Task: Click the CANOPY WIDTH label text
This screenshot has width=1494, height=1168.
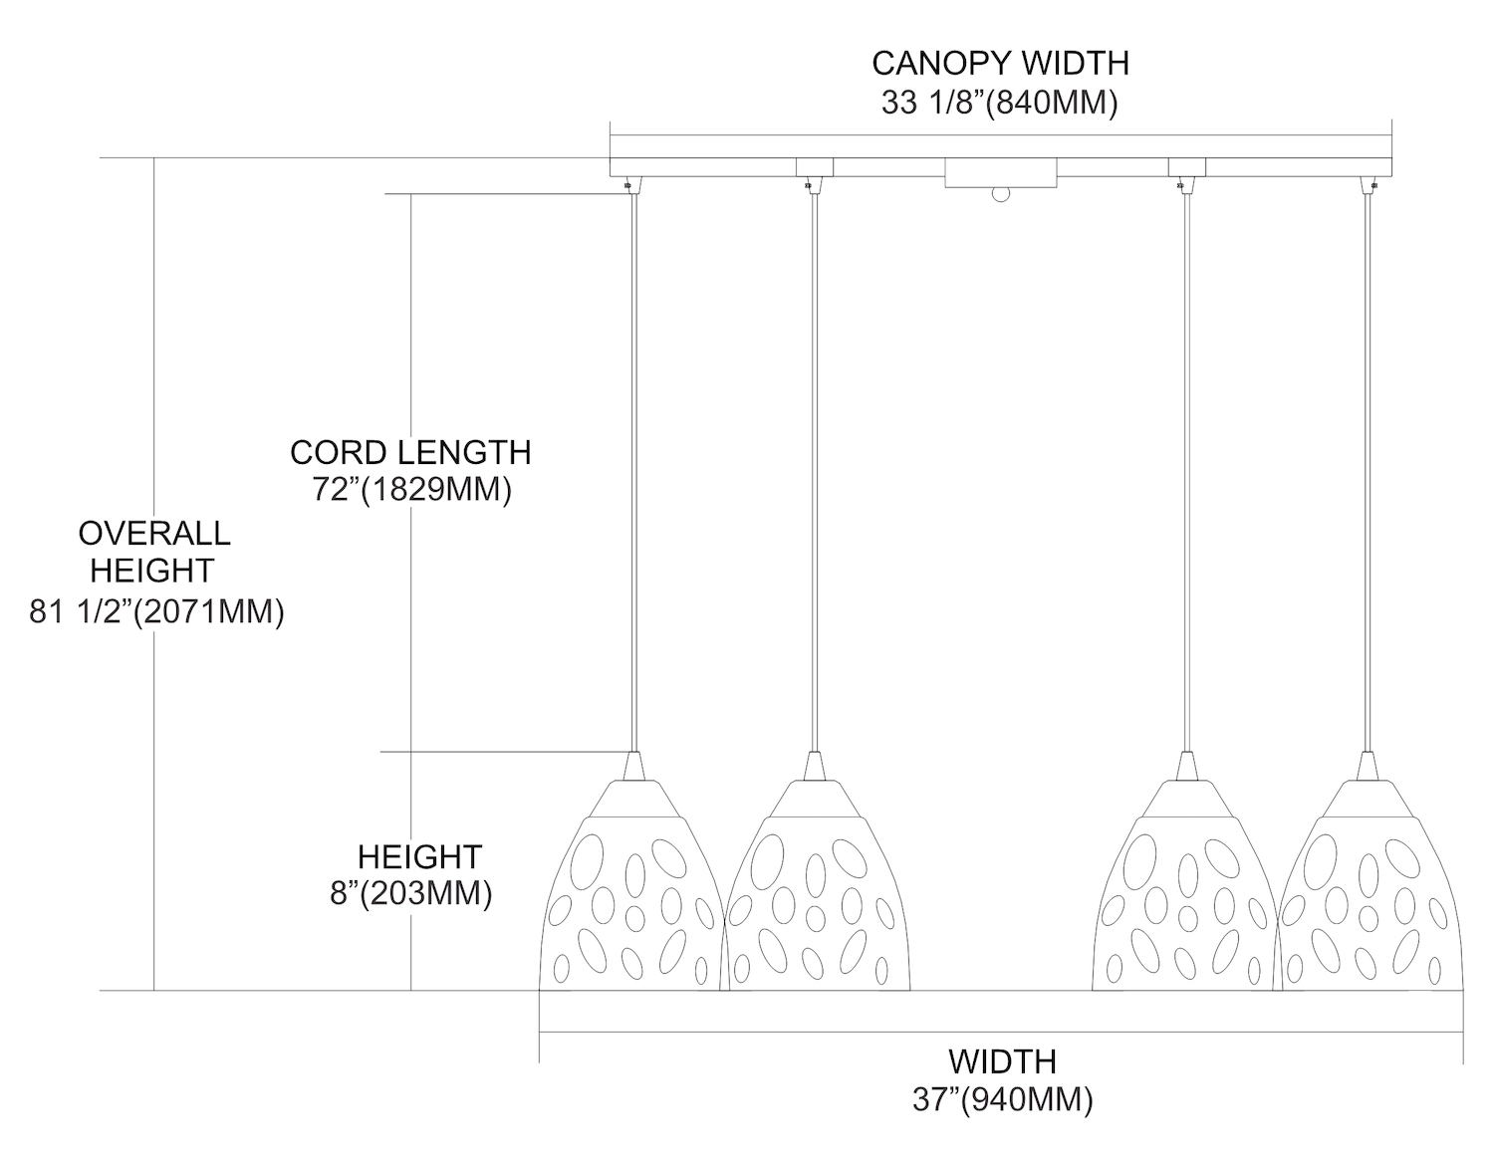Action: coord(1000,63)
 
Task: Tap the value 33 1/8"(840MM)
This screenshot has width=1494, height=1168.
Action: coord(999,103)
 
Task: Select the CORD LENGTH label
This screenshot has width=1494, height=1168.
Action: coord(410,452)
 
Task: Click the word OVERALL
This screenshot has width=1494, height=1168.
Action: coord(154,533)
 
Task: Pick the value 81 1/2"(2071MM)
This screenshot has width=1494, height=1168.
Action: coord(157,611)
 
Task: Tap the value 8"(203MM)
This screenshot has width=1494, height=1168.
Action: coord(411,893)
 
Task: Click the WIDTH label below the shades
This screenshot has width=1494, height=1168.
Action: coord(1001,1060)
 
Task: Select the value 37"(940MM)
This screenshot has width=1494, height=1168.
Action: coord(1002,1099)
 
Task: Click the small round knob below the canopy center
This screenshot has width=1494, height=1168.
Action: coord(999,195)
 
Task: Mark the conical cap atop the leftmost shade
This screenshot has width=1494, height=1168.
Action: coord(634,766)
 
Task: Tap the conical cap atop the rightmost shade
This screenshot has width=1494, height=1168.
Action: coord(1368,766)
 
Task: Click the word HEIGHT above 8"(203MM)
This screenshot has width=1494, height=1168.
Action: coord(419,856)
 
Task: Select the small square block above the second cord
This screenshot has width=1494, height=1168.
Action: coord(814,166)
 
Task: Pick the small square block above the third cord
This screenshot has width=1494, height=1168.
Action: coord(1185,166)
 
